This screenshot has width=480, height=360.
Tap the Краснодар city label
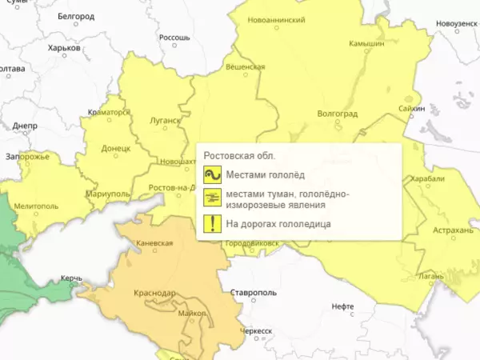pos(157,293)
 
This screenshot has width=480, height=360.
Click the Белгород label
pos(76,14)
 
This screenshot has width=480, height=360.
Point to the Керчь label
pos(71,279)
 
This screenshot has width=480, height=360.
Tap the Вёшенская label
pos(245,67)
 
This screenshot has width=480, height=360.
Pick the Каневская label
pos(154,242)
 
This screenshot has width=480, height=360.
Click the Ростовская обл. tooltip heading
pos(240,155)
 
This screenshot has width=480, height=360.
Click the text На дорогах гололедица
pos(278,225)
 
